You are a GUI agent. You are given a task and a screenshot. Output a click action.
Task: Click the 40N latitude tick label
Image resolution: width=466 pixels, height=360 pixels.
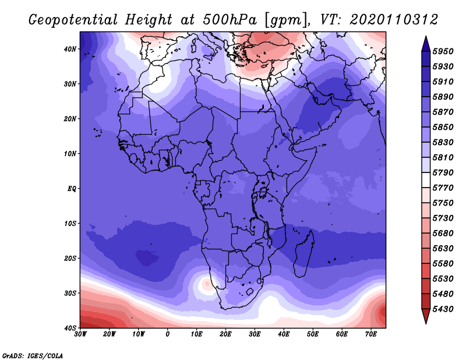tap(70, 49)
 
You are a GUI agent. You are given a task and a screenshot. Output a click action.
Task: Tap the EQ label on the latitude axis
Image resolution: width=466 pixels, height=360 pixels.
tap(72, 189)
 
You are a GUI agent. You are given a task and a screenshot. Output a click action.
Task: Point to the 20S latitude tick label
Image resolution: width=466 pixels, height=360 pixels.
tap(70, 258)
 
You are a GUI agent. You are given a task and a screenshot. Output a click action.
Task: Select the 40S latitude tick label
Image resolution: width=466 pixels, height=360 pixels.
tap(70, 328)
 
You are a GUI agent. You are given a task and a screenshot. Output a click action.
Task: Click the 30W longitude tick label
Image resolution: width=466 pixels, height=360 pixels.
tap(80, 334)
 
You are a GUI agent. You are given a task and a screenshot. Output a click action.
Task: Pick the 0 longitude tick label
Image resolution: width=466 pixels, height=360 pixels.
tap(168, 334)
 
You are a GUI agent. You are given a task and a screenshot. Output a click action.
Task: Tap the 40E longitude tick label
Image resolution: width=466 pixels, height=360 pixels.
tap(284, 334)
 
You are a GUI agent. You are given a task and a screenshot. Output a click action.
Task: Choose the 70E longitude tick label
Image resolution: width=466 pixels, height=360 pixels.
tap(371, 334)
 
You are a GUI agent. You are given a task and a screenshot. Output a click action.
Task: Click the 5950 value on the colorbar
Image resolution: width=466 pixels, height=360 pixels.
tap(443, 51)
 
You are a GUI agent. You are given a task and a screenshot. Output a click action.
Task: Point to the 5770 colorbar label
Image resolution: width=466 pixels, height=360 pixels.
tap(443, 188)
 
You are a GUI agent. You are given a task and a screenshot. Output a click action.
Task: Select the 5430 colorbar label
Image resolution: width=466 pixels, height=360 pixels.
tap(443, 309)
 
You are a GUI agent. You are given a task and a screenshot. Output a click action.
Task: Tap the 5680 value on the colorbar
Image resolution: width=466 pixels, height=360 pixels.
tap(443, 234)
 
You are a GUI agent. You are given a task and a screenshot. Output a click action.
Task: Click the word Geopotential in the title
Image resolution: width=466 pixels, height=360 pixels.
tap(73, 20)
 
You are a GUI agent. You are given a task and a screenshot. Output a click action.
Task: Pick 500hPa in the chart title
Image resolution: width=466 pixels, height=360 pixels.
tap(230, 20)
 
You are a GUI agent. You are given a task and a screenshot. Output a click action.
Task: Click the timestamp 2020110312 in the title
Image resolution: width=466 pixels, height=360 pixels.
tap(394, 20)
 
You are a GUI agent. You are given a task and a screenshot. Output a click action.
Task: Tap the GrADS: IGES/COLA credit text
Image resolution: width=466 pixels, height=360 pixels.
tap(33, 355)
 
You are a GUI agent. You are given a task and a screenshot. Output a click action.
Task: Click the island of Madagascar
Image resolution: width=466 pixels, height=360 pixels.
tap(304, 253)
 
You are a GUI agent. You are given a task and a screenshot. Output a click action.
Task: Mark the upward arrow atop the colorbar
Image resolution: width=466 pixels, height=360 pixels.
tap(426, 44)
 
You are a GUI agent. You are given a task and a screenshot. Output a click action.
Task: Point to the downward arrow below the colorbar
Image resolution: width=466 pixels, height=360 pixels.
tap(426, 316)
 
